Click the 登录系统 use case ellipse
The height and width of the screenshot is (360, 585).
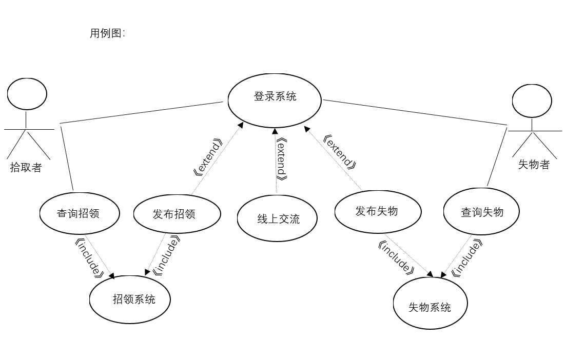(275, 100)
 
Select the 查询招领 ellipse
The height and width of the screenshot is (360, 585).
(80, 213)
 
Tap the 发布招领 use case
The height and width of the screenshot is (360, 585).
(177, 213)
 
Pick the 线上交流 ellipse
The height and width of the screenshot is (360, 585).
(277, 218)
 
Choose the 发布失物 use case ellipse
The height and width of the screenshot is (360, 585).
(377, 211)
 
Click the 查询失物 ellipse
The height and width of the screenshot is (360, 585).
(481, 211)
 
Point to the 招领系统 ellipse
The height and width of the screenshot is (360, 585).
(130, 299)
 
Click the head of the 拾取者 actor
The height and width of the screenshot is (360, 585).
(27, 94)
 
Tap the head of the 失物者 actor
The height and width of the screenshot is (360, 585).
(533, 101)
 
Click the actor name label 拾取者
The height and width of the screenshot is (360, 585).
(26, 168)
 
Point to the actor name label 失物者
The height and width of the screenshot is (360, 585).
(534, 165)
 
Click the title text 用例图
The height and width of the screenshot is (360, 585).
(107, 34)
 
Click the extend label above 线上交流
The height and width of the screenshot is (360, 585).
(281, 158)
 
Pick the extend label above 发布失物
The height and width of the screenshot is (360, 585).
(340, 151)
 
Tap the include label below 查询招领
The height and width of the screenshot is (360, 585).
(89, 257)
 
